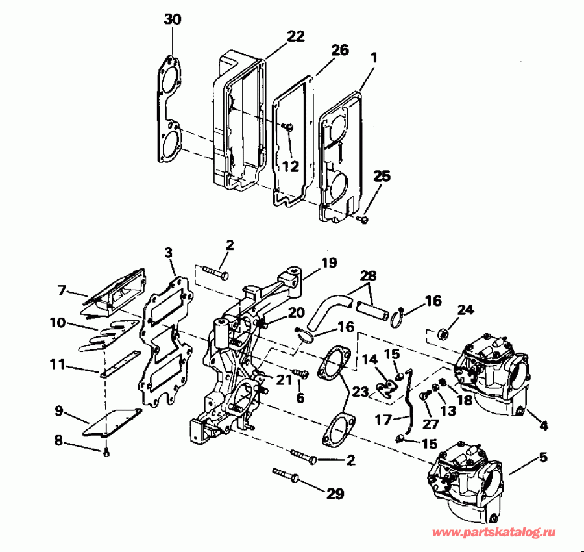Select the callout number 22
click(x=295, y=36)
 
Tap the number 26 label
click(x=339, y=50)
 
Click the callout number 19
click(x=329, y=263)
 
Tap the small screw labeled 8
click(x=106, y=452)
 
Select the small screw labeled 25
click(x=363, y=220)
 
